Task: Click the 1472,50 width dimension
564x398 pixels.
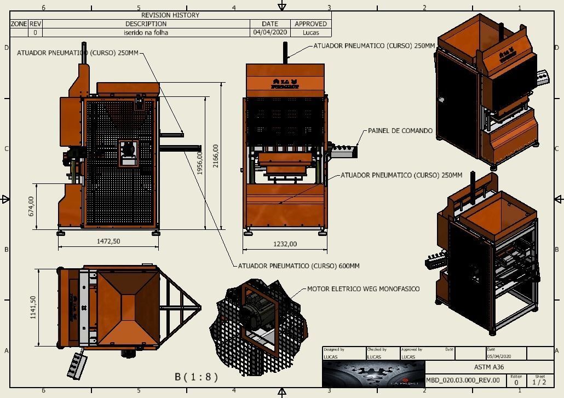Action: pos(108,241)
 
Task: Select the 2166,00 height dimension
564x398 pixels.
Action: pos(216,155)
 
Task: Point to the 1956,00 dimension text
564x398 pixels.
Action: pos(200,163)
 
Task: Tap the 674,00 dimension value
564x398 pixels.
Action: pos(31,206)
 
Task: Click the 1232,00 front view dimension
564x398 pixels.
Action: pos(285,244)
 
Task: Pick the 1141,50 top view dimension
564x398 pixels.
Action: pos(33,307)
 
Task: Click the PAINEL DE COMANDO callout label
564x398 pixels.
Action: pos(400,131)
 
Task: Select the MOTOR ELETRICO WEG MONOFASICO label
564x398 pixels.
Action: pos(363,289)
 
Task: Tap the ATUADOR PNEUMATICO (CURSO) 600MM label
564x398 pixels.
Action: pos(298,266)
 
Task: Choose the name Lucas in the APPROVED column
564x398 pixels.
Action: pos(310,32)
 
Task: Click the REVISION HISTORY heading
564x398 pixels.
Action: pos(170,15)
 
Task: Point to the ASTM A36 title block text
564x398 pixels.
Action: pos(488,367)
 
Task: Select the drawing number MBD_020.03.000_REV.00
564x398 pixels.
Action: pos(463,380)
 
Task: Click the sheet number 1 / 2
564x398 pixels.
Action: pos(539,382)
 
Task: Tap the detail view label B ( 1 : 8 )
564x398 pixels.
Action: pos(196,377)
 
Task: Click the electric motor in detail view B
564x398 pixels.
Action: pos(254,315)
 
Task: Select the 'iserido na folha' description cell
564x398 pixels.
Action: pos(146,32)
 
